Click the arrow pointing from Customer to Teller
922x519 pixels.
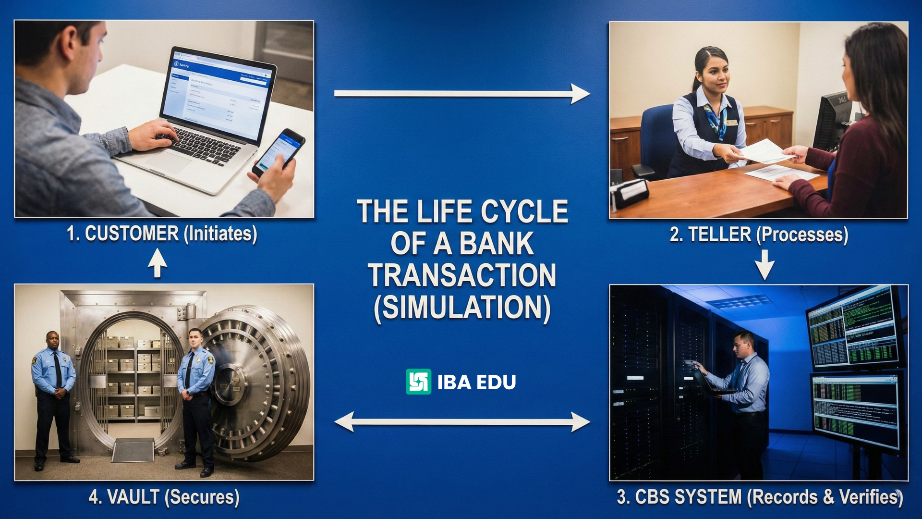point(461,94)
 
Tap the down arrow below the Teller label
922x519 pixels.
point(764,265)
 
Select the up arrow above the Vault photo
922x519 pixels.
point(157,263)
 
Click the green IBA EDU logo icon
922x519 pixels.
point(418,382)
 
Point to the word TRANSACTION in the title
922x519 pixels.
point(462,275)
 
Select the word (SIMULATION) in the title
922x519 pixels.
point(462,308)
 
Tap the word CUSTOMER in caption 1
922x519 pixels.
point(132,234)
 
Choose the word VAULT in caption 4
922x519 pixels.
point(133,497)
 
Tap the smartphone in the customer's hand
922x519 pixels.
point(279,151)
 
